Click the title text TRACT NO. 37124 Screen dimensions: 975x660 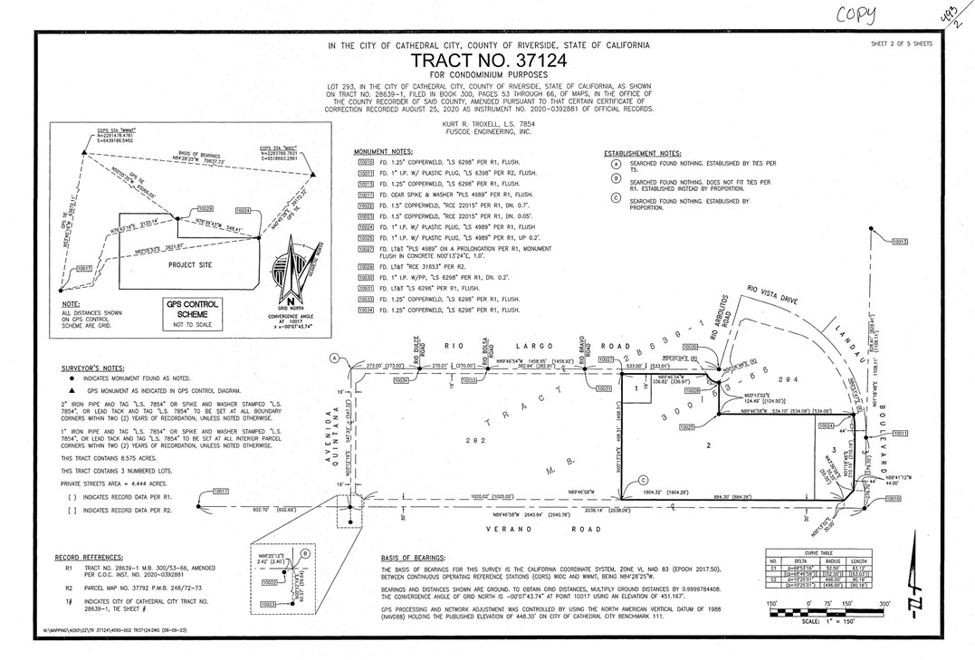pos(487,60)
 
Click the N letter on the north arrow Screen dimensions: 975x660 pos(291,302)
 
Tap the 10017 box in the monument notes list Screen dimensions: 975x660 pos(366,194)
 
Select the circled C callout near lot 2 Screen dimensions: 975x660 pos(644,481)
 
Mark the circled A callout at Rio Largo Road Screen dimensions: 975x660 pos(334,359)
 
